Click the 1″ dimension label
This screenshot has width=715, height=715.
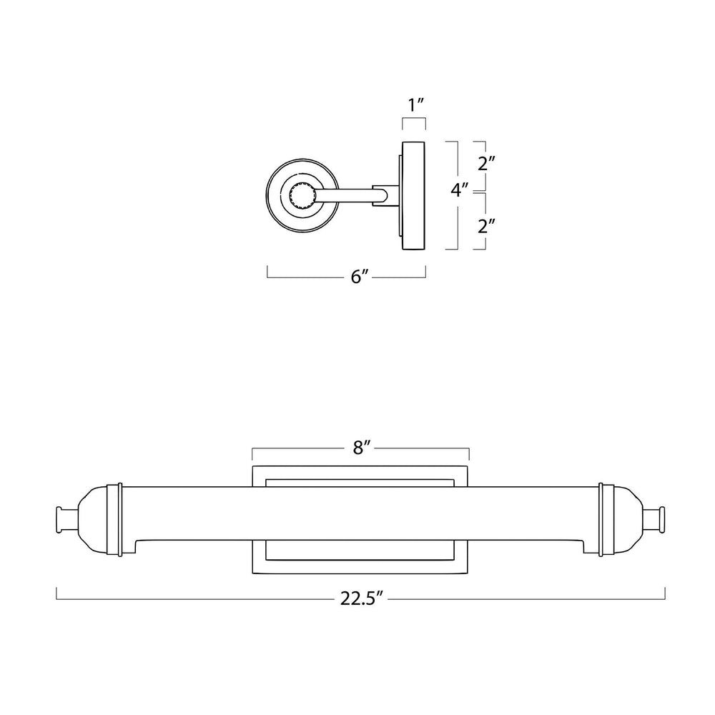(x=416, y=105)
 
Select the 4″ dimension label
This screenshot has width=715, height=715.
(x=460, y=189)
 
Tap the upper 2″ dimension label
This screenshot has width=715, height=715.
(x=486, y=163)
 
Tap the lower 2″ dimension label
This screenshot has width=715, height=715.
(x=486, y=226)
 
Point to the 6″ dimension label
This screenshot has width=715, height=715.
(x=360, y=276)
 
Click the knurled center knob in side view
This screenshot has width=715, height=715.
(x=302, y=196)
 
